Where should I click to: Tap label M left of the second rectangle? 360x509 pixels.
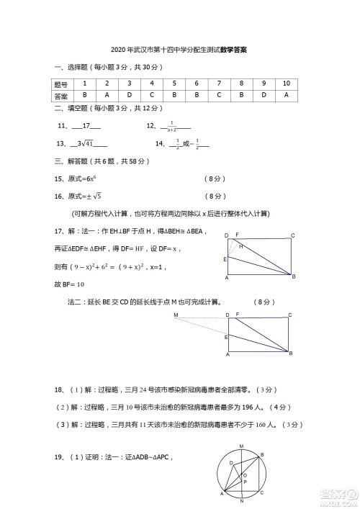point(176,315)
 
